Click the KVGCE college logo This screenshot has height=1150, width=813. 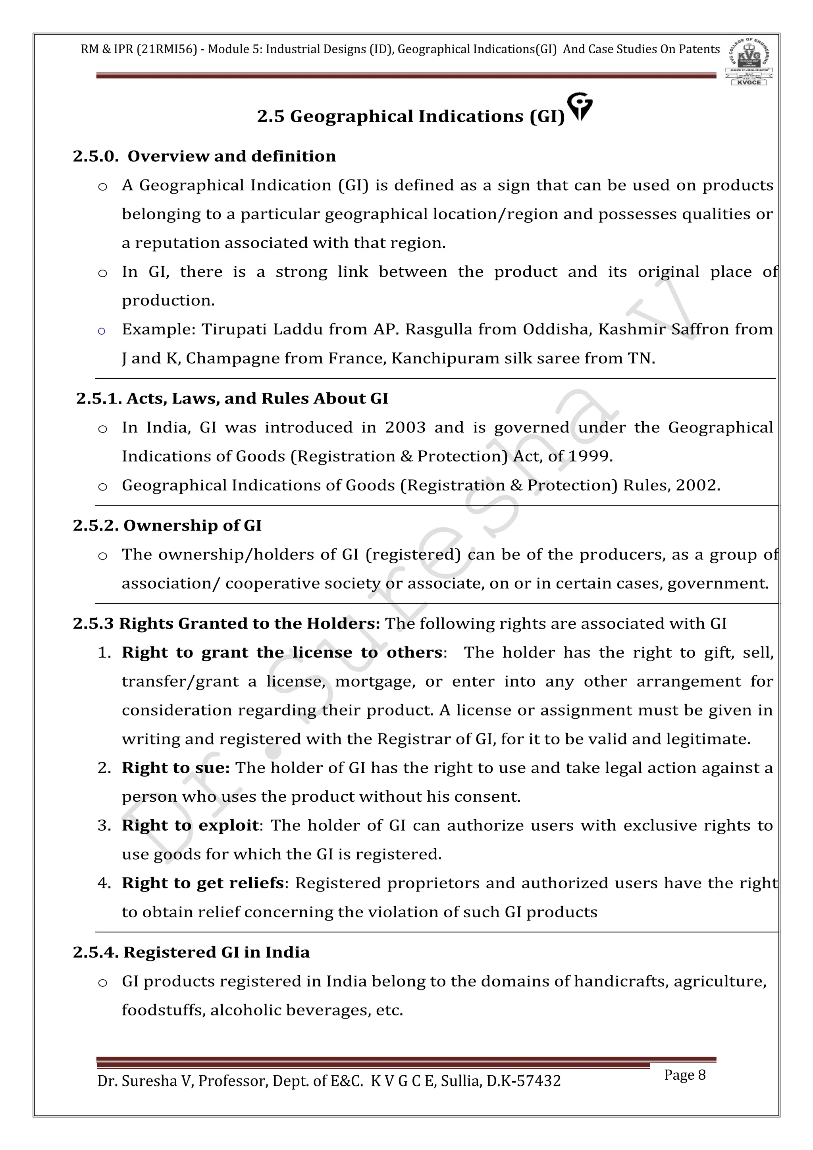click(749, 62)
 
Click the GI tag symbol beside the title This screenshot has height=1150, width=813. click(581, 106)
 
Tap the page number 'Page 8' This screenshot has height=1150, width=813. click(684, 1075)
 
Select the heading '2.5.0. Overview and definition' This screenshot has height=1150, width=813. click(204, 156)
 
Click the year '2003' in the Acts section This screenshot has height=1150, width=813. click(405, 428)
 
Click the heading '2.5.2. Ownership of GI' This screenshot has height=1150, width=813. click(167, 525)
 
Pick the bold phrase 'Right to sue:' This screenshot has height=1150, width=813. click(175, 768)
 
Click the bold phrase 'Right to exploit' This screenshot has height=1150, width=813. click(190, 826)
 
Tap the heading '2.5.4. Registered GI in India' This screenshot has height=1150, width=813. click(191, 952)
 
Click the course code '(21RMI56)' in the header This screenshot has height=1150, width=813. click(166, 50)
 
